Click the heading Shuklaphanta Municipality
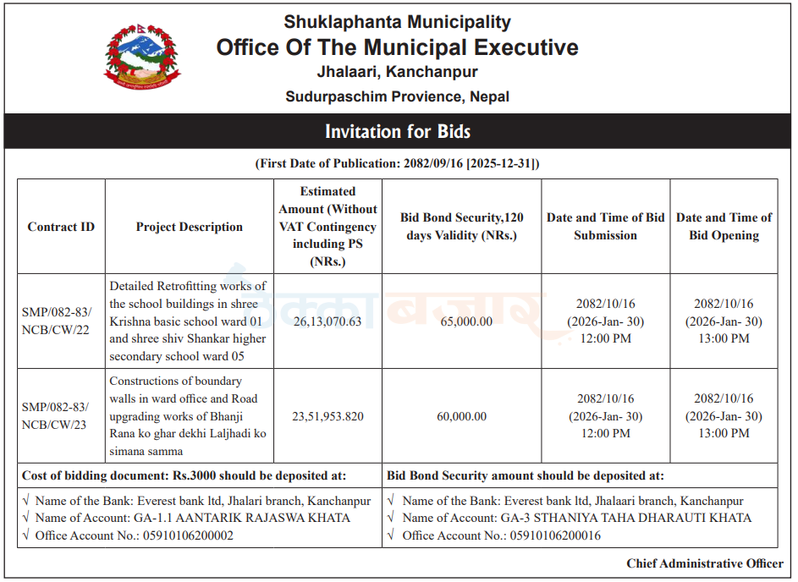tap(397, 22)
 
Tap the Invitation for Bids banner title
tap(398, 132)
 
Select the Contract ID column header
tap(61, 227)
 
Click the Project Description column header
tap(190, 227)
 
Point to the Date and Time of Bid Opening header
tap(724, 227)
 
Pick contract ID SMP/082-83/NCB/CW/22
tap(55, 321)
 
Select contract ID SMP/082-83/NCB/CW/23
tap(55, 416)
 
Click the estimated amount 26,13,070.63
tap(327, 321)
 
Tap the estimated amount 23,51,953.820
tap(327, 416)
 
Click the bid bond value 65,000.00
tap(461, 321)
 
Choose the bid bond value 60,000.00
tap(461, 416)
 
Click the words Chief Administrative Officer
tap(705, 563)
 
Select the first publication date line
tap(397, 163)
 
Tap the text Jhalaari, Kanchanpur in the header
tap(397, 72)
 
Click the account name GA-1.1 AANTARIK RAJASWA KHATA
tap(242, 518)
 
